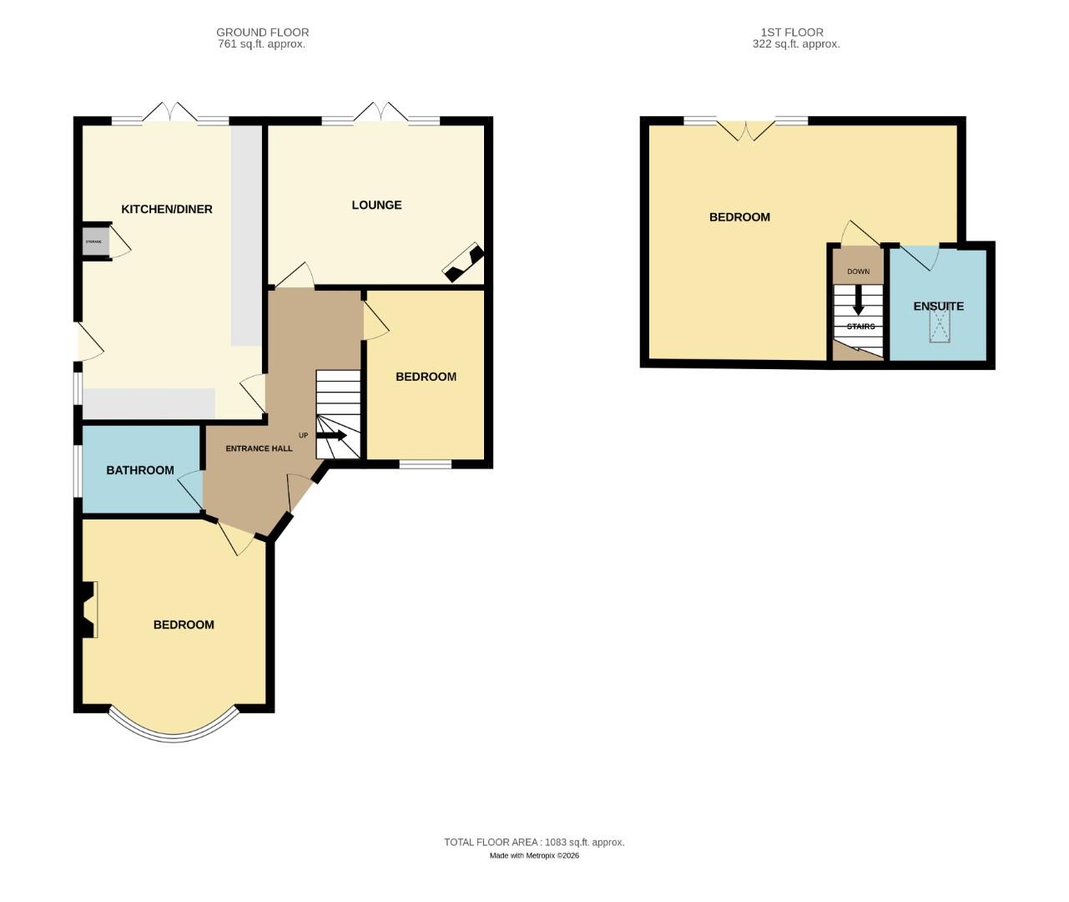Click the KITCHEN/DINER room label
[x=167, y=209]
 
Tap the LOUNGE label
[x=376, y=205]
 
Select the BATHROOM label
[x=140, y=470]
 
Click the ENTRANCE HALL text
[x=259, y=448]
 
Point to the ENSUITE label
[x=938, y=306]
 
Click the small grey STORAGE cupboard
[x=94, y=242]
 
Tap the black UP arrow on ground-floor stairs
[x=331, y=435]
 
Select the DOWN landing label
[x=858, y=271]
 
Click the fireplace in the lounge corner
[x=463, y=263]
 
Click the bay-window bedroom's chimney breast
[x=88, y=610]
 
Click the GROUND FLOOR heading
[x=262, y=33]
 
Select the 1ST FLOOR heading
[x=792, y=33]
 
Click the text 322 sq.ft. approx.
[x=795, y=44]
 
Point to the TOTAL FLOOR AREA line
[x=534, y=842]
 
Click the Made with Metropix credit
[x=534, y=855]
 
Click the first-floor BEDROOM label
[x=739, y=217]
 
